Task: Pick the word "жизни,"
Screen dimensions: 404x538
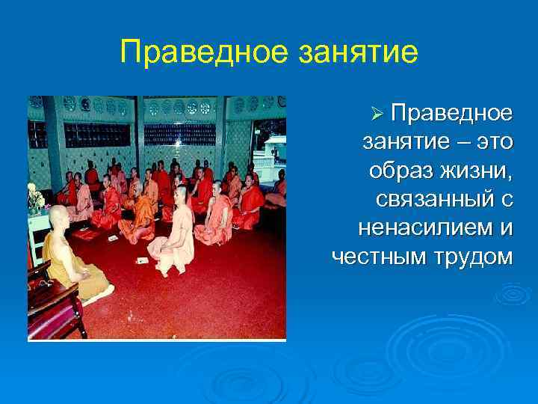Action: pos(475,170)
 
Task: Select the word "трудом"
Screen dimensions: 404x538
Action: pos(471,257)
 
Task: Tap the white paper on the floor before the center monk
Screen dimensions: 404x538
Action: pos(142,260)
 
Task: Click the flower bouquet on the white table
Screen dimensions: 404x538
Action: pos(34,198)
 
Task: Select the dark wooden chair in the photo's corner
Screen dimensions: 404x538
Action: pos(52,307)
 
